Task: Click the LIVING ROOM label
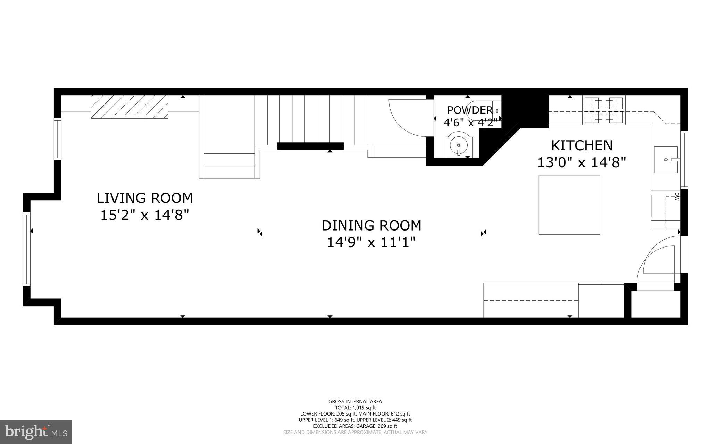[144, 198]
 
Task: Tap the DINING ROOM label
[371, 226]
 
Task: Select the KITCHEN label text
[582, 145]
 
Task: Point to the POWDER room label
[470, 110]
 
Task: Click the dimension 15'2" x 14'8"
[144, 215]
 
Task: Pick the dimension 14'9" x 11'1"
[371, 242]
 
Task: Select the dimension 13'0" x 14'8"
[582, 162]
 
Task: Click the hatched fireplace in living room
[129, 107]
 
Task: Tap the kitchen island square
[569, 204]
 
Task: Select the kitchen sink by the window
[666, 159]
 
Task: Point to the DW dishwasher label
[676, 197]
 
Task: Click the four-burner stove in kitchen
[604, 110]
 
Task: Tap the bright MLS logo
[36, 432]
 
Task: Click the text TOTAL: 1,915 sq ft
[355, 408]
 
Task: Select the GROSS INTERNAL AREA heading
[355, 402]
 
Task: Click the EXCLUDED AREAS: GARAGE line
[355, 426]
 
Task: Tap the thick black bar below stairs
[310, 146]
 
